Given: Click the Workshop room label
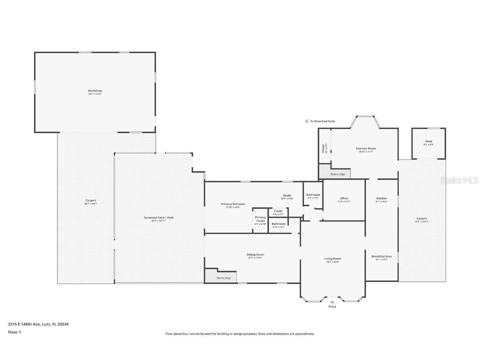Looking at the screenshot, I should coord(95,91).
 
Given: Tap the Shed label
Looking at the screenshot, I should coord(428,142).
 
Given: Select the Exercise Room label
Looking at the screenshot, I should coord(365,149).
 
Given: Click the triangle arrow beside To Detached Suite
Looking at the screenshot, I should coord(306,121).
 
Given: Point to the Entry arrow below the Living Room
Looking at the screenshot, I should coord(332,301).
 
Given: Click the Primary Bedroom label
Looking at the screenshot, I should coord(232,204).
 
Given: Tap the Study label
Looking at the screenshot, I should coord(287,195).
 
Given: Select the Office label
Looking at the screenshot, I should coord(344,198).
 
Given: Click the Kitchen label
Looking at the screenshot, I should coord(381,198).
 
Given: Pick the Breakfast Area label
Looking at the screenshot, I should coord(381,257).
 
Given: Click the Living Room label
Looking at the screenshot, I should coord(332,259).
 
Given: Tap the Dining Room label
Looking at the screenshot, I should coord(255,255).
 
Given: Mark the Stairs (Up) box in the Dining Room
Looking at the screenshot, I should coord(221,276).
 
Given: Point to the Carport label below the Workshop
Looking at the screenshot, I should coord(90,201).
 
